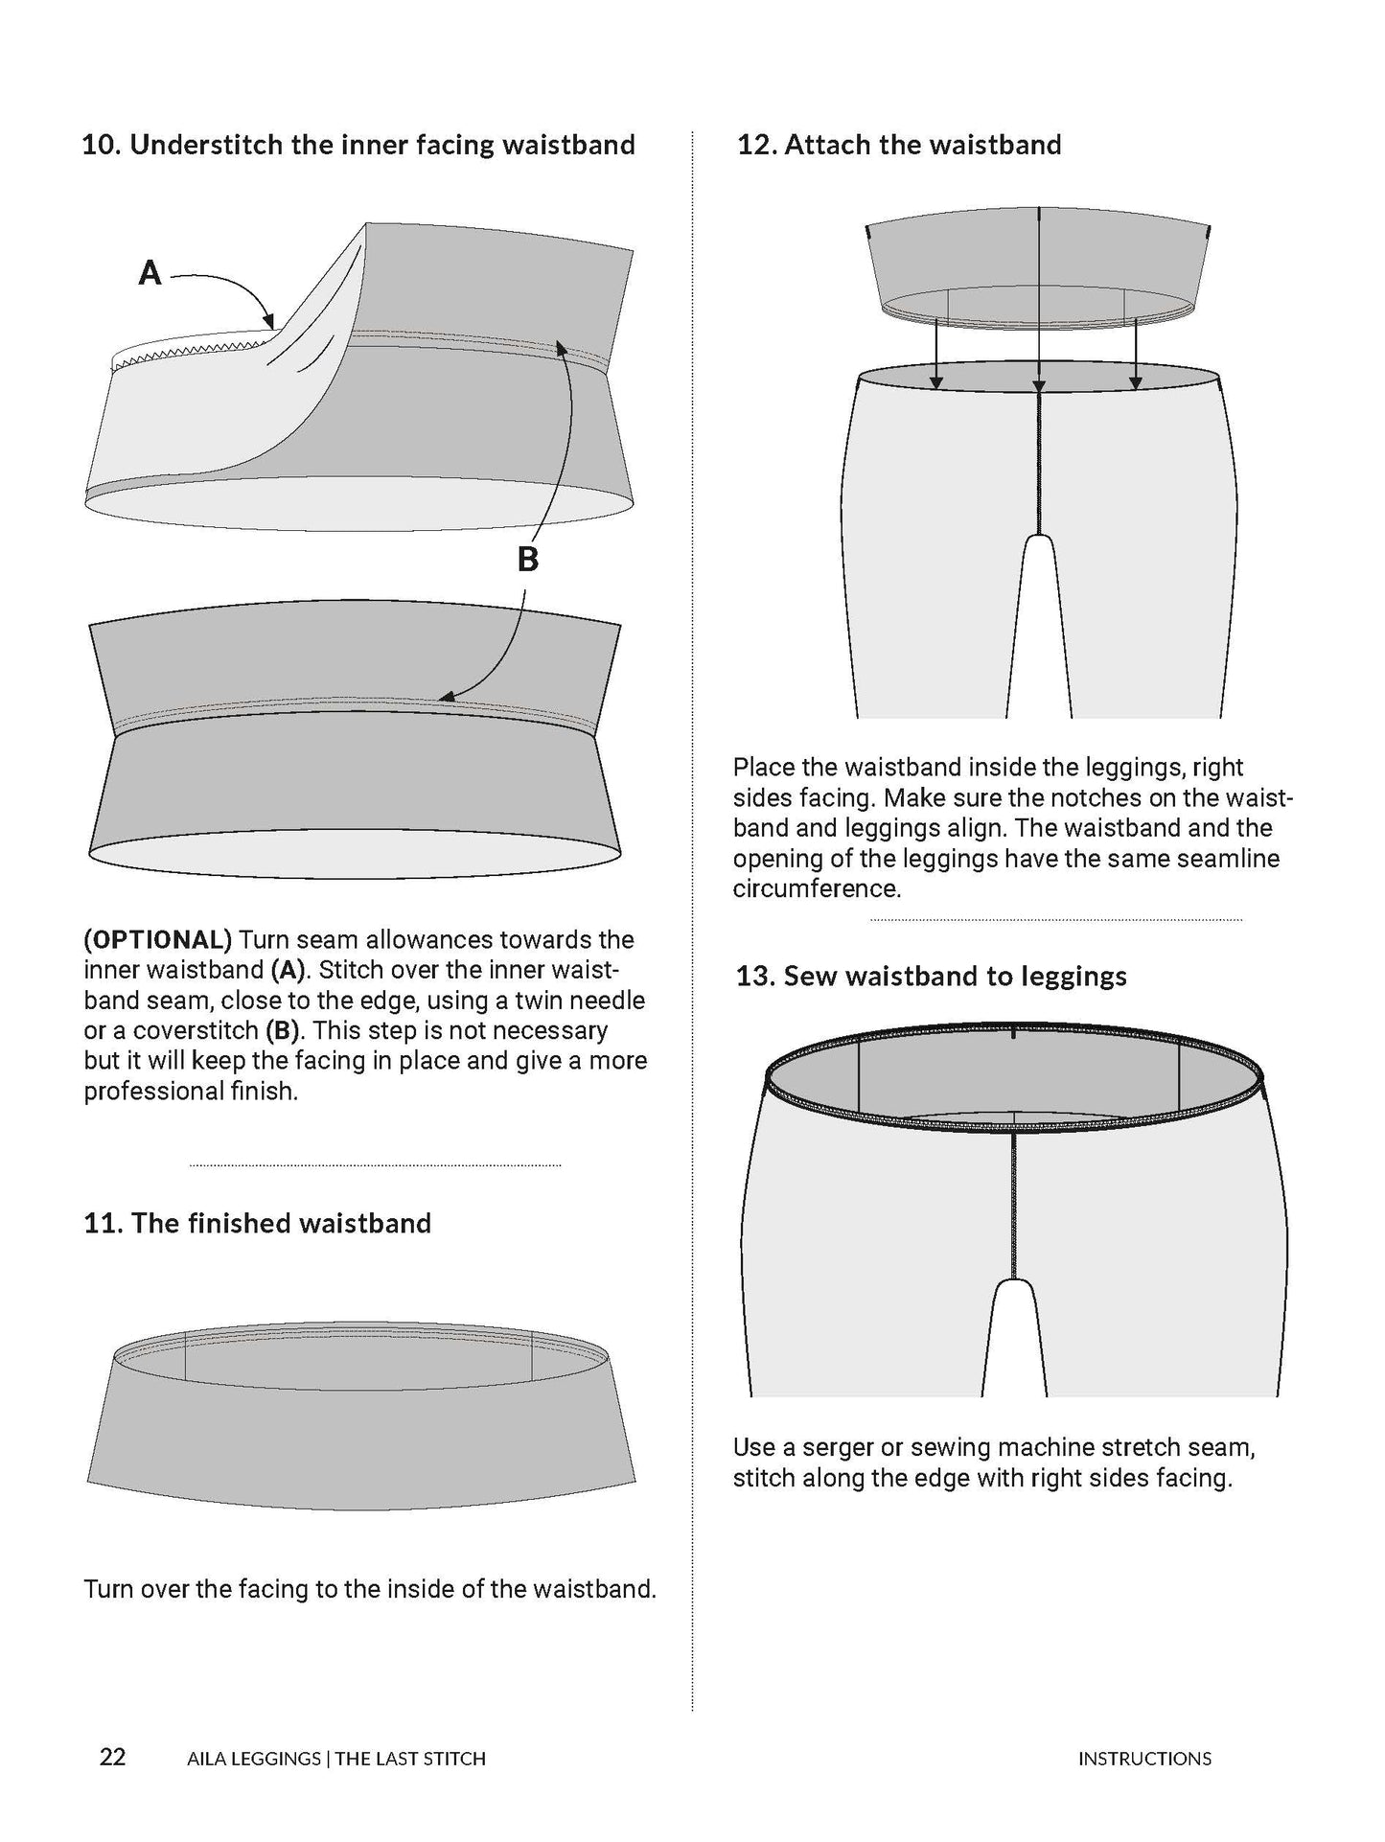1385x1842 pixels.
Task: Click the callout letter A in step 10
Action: [x=150, y=274]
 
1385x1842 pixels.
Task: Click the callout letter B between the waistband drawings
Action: [x=527, y=559]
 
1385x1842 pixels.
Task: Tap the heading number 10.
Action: [x=101, y=145]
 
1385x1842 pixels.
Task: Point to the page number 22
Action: [x=113, y=1758]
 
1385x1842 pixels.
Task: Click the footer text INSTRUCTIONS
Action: [x=1144, y=1759]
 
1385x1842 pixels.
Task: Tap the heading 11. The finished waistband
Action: [x=257, y=1223]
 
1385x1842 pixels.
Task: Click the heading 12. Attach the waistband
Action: [x=898, y=145]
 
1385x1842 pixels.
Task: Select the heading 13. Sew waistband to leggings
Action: [x=931, y=977]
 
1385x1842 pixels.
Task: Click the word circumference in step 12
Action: [x=816, y=888]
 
